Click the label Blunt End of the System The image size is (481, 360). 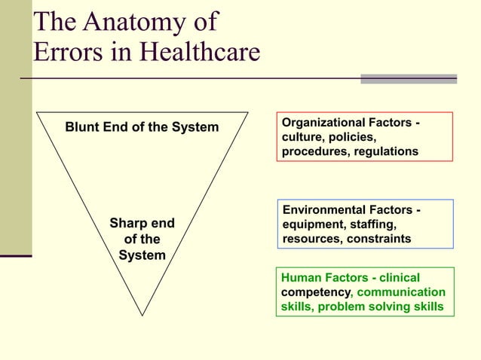pos(142,127)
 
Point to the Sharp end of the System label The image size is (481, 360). pos(142,239)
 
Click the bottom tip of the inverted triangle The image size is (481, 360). pos(142,314)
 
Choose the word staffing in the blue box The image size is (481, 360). pos(375,224)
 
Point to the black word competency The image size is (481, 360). pos(317,292)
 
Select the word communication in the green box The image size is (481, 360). pos(401,292)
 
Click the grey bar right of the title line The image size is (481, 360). pos(408,78)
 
